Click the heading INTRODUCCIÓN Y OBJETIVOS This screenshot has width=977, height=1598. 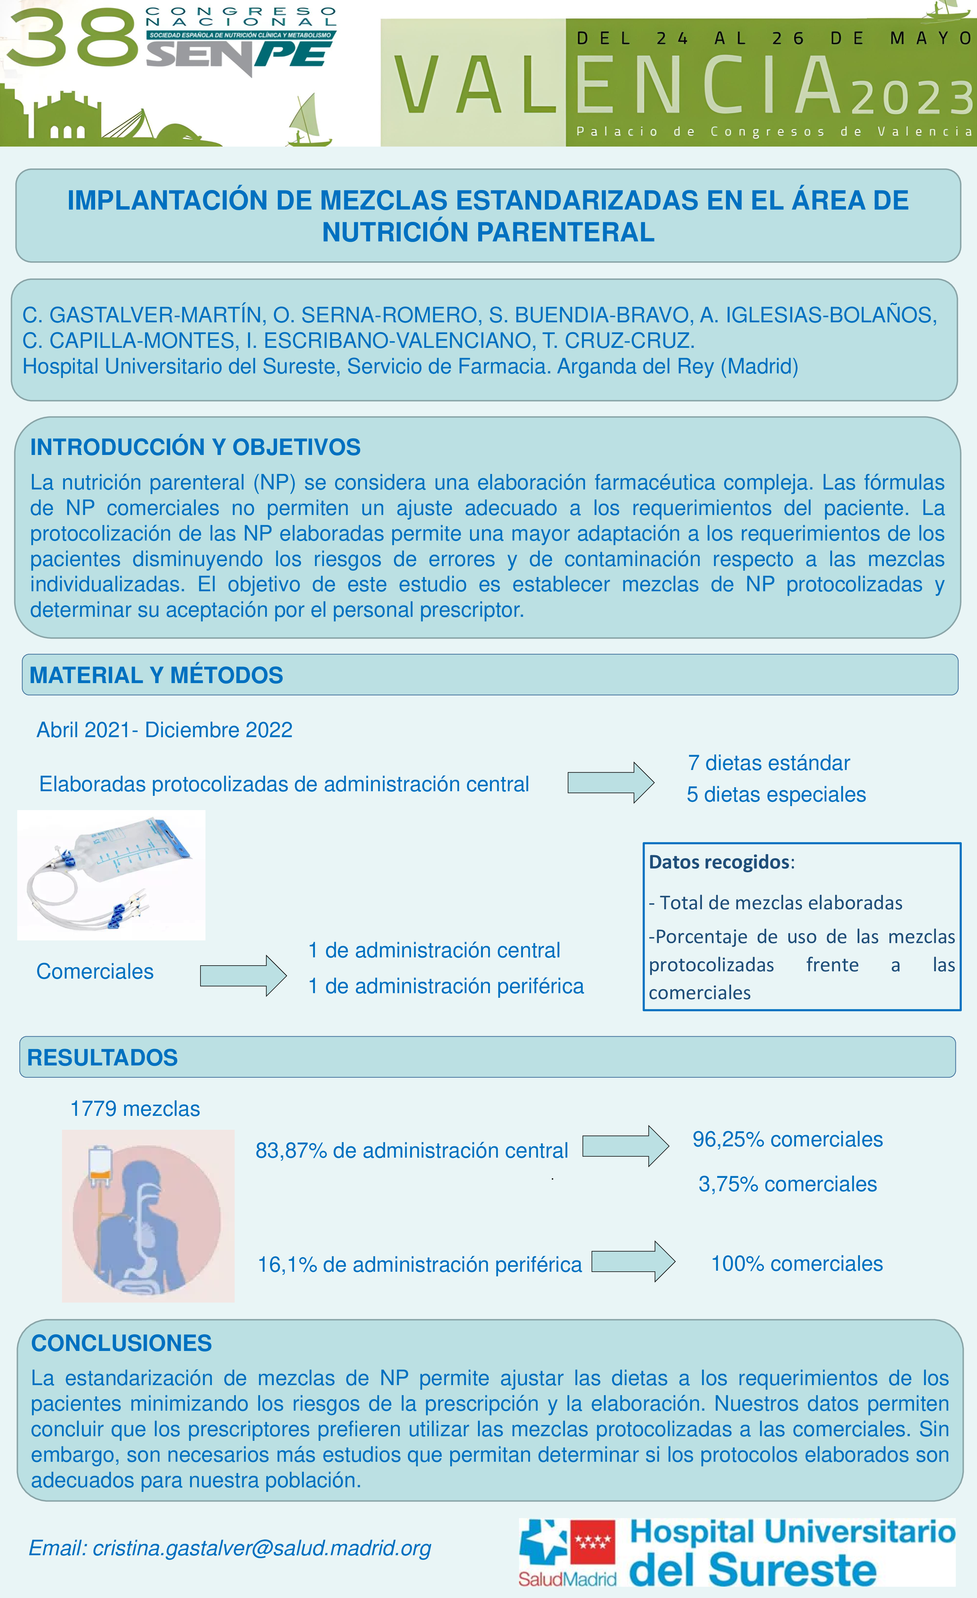click(195, 447)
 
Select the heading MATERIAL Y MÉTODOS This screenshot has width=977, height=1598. click(156, 675)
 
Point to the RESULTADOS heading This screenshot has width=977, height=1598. click(102, 1058)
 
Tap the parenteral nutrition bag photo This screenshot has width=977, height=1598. click(111, 875)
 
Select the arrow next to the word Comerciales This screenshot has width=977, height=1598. click(243, 975)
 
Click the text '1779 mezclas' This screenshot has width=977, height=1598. click(135, 1109)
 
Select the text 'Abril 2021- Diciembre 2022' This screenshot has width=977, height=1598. click(164, 730)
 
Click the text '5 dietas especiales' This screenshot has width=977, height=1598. click(776, 795)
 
